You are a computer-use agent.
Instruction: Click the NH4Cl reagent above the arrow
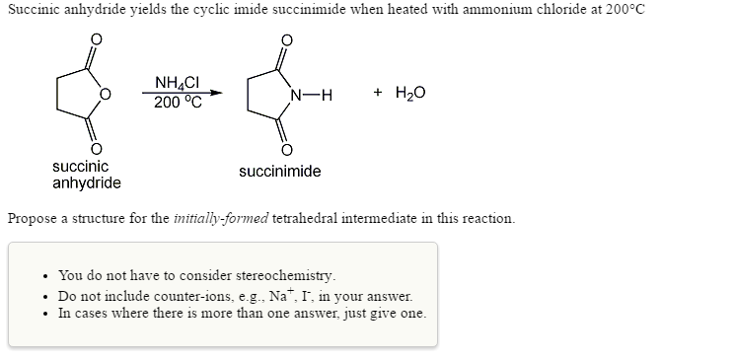click(x=179, y=85)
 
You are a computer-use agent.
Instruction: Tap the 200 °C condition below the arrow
click(x=179, y=102)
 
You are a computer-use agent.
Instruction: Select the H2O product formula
click(x=411, y=94)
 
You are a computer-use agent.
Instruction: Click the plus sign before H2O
click(x=379, y=94)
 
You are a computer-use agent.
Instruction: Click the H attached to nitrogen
click(x=327, y=95)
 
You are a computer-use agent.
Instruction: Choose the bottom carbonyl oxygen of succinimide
click(x=286, y=150)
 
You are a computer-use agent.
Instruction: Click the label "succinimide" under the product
click(x=279, y=172)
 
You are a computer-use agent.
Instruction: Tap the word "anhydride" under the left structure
click(x=87, y=183)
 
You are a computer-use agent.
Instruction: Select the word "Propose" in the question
click(x=35, y=218)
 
